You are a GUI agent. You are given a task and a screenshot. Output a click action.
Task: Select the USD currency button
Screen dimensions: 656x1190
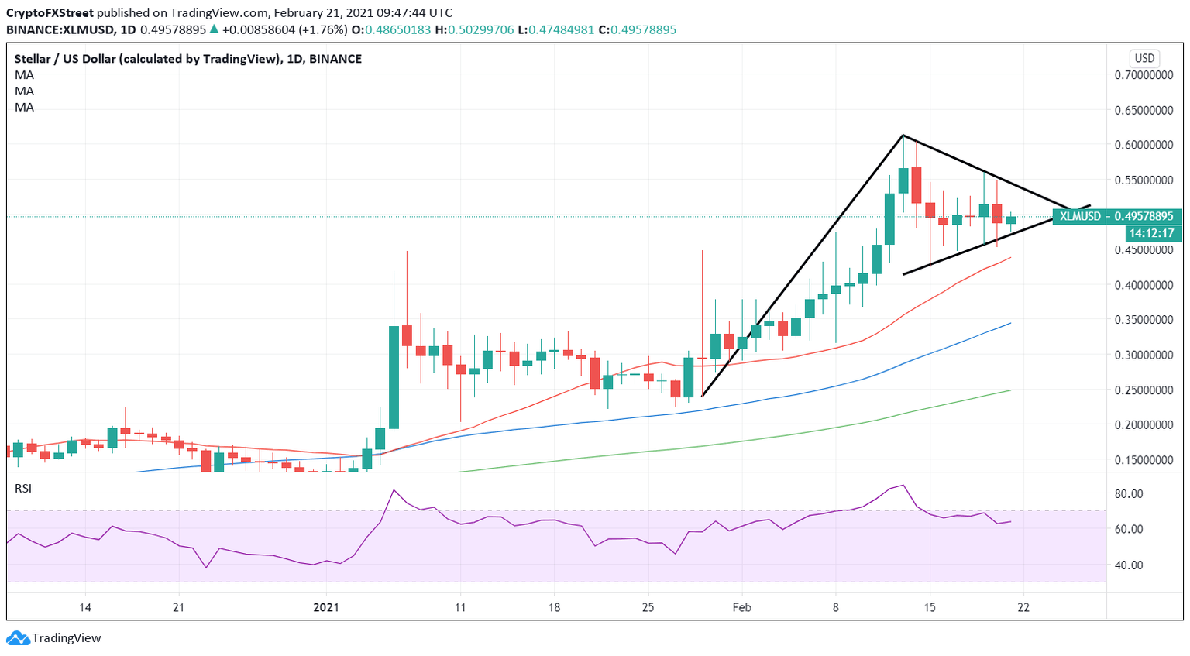click(1144, 58)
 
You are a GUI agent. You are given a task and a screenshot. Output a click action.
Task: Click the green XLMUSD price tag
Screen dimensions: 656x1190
click(1080, 216)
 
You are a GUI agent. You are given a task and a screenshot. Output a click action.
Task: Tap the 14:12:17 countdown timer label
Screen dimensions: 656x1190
click(1151, 232)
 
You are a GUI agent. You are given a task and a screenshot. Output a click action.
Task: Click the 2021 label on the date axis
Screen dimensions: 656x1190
click(326, 607)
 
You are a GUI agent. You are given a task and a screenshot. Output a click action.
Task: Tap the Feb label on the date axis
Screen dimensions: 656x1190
click(742, 607)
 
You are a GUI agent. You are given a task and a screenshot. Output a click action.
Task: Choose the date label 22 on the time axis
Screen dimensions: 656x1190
click(1023, 607)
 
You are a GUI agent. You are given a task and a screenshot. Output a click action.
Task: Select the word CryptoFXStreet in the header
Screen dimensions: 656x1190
click(50, 13)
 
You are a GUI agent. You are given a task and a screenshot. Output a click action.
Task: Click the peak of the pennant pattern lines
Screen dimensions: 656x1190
click(903, 136)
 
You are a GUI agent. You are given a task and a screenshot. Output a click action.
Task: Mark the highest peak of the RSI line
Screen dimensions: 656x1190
click(903, 485)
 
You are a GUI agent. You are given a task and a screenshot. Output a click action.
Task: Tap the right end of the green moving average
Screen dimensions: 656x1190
click(1011, 390)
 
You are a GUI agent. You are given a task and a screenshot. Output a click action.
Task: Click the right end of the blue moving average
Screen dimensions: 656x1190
click(1011, 323)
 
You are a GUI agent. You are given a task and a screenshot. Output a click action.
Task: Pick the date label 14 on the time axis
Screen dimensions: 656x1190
click(85, 607)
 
